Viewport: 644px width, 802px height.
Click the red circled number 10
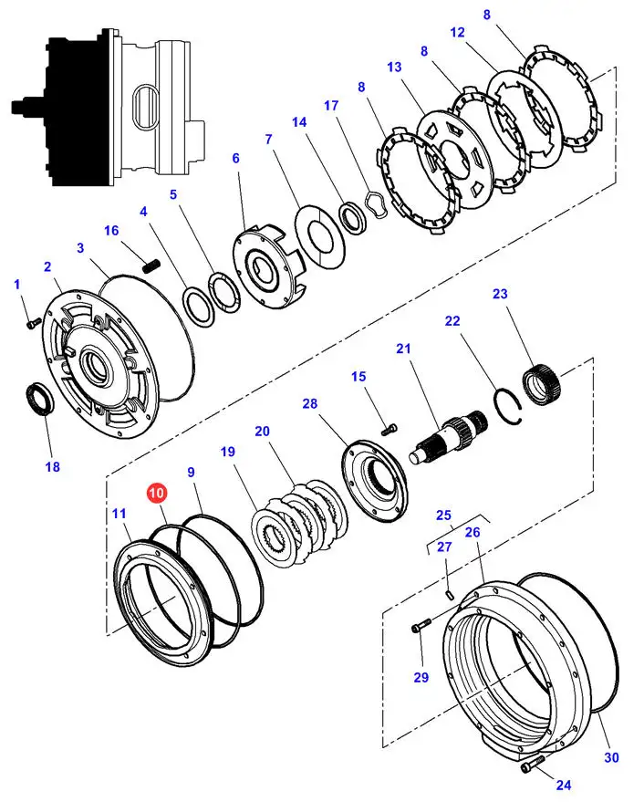point(157,494)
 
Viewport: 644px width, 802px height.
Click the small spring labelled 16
point(152,265)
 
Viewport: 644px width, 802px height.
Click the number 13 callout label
point(394,68)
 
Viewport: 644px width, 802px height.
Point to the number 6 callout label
point(235,158)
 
